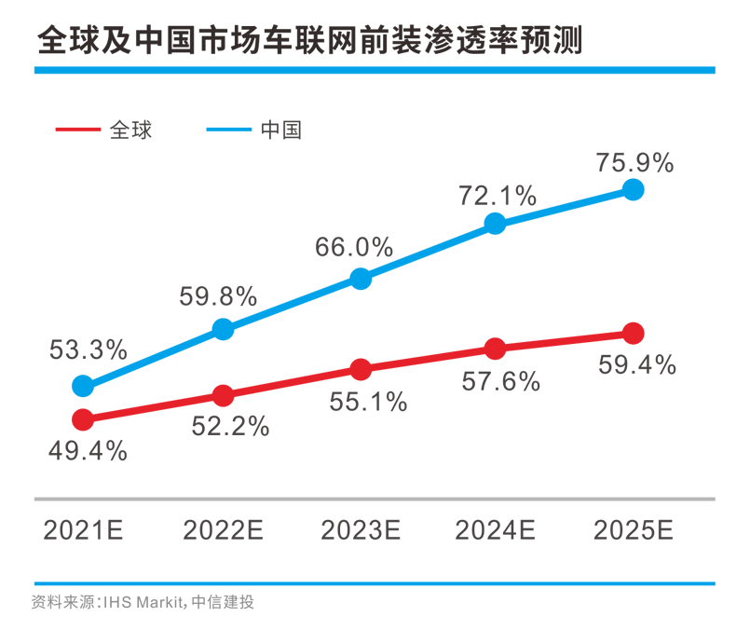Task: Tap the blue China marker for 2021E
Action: [x=83, y=386]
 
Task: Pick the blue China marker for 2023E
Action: [x=361, y=278]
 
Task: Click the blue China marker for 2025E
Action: [x=633, y=190]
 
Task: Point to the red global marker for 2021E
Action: [x=83, y=419]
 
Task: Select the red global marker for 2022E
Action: [x=223, y=396]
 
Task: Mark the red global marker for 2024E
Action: [x=495, y=349]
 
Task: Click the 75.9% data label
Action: [x=634, y=162]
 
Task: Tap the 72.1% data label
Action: [x=497, y=196]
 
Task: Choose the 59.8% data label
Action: [x=217, y=296]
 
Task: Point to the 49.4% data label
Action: [x=88, y=451]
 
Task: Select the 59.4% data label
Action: [x=638, y=364]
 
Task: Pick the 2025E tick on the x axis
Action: [x=634, y=530]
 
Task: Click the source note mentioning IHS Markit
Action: [x=143, y=601]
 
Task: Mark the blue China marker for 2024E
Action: [x=495, y=223]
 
